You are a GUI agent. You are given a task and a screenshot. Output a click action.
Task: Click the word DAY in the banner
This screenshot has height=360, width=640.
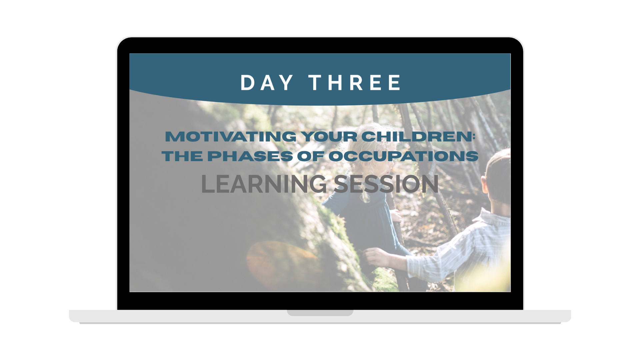pyautogui.click(x=267, y=83)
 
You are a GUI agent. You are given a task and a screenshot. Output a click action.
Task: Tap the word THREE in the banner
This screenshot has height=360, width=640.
pyautogui.click(x=355, y=83)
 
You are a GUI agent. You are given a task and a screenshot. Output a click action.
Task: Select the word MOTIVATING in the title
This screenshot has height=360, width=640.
pyautogui.click(x=230, y=136)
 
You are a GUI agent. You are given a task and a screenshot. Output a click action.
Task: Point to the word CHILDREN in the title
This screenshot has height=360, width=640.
pyautogui.click(x=416, y=136)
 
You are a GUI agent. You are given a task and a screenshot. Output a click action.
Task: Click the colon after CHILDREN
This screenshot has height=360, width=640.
pyautogui.click(x=473, y=137)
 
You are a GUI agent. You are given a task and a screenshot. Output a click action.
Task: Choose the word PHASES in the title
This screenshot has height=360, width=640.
pyautogui.click(x=250, y=156)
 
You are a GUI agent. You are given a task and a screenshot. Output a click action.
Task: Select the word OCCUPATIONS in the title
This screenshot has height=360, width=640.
pyautogui.click(x=403, y=156)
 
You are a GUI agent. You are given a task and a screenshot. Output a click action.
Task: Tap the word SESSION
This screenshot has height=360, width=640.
pyautogui.click(x=386, y=184)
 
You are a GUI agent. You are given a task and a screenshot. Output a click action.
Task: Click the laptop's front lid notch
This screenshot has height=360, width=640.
pyautogui.click(x=320, y=313)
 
